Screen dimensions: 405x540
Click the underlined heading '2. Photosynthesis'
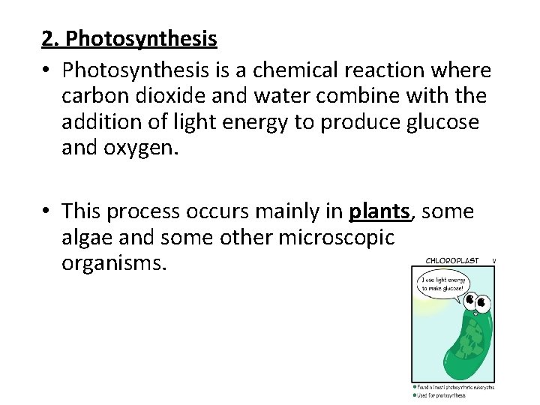tap(129, 38)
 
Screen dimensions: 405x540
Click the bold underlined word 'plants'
tap(380, 212)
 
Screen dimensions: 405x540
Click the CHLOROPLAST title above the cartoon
tap(451, 261)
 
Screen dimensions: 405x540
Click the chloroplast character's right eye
tap(484, 304)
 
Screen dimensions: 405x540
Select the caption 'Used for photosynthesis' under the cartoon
tap(442, 395)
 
